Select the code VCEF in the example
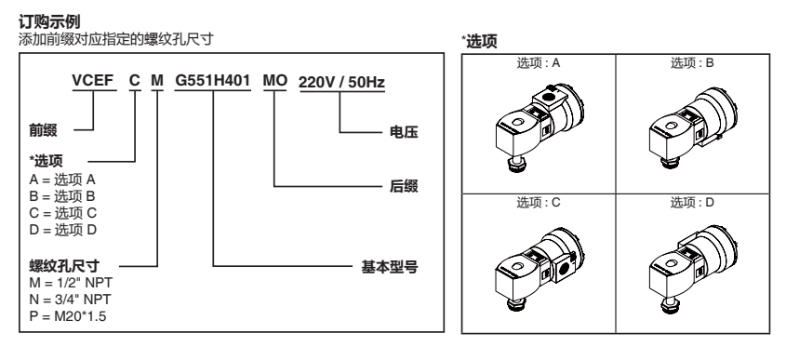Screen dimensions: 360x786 tap(93, 82)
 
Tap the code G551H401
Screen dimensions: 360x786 tap(213, 82)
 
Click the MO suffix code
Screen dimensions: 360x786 tap(275, 82)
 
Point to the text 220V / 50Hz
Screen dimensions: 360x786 tap(341, 82)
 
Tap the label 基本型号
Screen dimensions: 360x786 tap(389, 268)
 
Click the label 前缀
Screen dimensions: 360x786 tap(43, 134)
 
